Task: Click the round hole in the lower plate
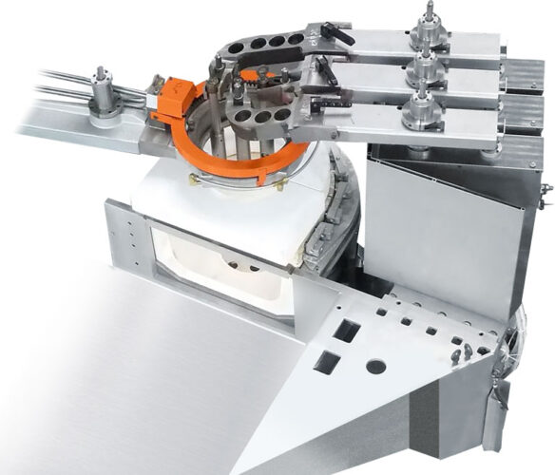(376, 366)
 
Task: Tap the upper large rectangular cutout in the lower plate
(348, 332)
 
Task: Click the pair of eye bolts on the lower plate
(463, 352)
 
